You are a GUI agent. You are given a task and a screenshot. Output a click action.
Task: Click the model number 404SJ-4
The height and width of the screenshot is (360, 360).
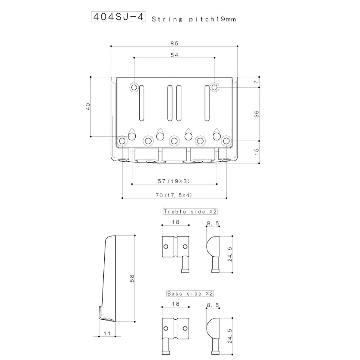[x=118, y=17]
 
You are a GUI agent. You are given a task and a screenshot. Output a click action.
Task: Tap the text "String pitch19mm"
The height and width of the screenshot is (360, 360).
[x=194, y=19]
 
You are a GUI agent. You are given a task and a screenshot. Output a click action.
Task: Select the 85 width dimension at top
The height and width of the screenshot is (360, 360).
[x=175, y=44]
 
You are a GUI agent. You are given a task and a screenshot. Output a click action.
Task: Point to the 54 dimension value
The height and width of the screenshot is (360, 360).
[x=175, y=55]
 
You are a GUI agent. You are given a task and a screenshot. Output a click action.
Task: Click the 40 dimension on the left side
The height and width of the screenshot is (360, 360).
[x=88, y=107]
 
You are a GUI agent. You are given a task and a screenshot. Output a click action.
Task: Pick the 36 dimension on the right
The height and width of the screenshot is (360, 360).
[x=257, y=114]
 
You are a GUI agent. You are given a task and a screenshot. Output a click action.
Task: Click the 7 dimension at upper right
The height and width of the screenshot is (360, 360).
[x=257, y=82]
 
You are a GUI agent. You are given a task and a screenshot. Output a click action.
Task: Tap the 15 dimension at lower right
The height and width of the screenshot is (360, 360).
[x=257, y=152]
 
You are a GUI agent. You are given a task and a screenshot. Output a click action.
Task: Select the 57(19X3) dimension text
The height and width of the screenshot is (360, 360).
[x=174, y=181]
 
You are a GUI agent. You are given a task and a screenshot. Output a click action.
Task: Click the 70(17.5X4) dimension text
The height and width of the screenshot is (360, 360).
[x=174, y=195]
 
